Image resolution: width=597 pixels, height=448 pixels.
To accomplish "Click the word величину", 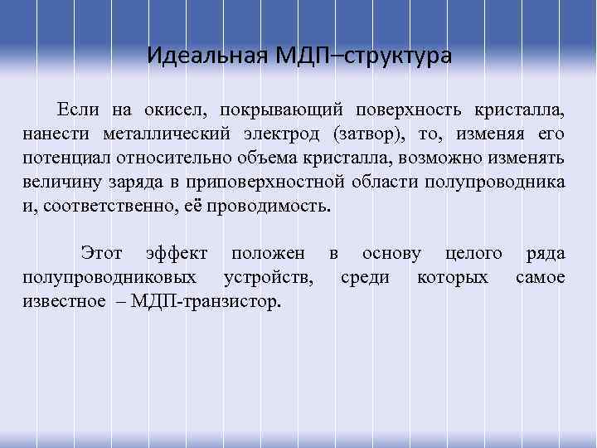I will [x=61, y=182].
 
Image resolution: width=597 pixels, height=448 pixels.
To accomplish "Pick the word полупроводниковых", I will [x=110, y=276].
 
